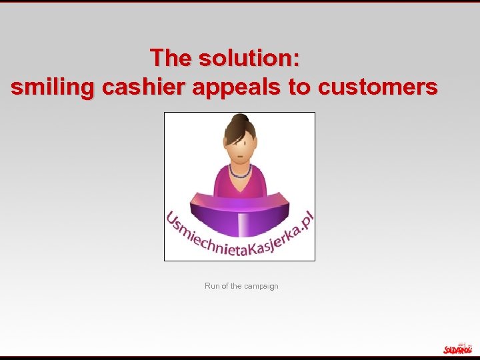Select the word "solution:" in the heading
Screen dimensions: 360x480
click(x=248, y=58)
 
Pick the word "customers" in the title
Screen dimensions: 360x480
click(x=378, y=87)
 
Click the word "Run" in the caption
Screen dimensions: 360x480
click(x=212, y=286)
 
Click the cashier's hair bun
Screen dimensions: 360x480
click(x=237, y=119)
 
